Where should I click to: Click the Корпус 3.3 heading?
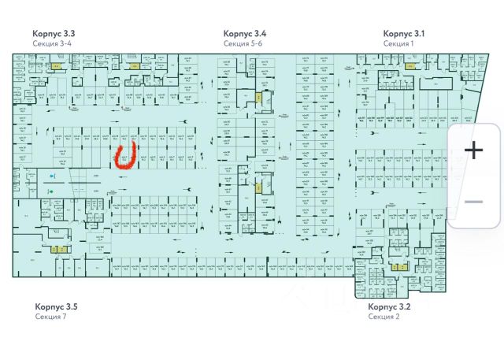[x=54, y=34]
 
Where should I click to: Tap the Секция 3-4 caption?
[x=52, y=44]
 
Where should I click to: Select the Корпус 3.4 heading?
[x=244, y=34]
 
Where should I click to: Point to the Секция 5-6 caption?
[x=243, y=44]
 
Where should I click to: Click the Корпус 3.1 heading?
[x=404, y=34]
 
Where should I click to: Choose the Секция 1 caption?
[x=398, y=44]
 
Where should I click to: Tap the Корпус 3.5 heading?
[x=56, y=306]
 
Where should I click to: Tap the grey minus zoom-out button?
[x=474, y=202]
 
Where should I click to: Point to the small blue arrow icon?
[x=51, y=176]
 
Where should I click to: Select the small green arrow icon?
[x=50, y=191]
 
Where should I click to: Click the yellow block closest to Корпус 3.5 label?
[x=56, y=250]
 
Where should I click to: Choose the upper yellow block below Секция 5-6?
[x=258, y=97]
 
